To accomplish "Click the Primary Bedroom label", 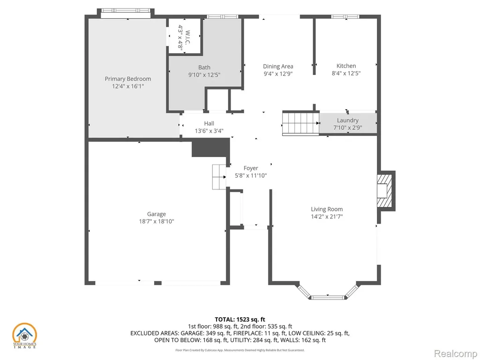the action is pyautogui.click(x=128, y=79).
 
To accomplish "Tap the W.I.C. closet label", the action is pyautogui.click(x=188, y=37).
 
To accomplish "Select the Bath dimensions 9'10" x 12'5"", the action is pyautogui.click(x=204, y=75).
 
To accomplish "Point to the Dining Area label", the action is pyautogui.click(x=278, y=66).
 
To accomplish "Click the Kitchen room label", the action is pyautogui.click(x=346, y=66).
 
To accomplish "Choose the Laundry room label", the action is pyautogui.click(x=348, y=120).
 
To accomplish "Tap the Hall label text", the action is pyautogui.click(x=209, y=123).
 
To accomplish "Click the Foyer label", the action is pyautogui.click(x=251, y=168).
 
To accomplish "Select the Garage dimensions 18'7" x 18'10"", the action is pyautogui.click(x=157, y=221).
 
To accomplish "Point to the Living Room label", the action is pyautogui.click(x=327, y=209).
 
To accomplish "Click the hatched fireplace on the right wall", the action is pyautogui.click(x=385, y=191).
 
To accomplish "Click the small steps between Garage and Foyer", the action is pyautogui.click(x=219, y=177).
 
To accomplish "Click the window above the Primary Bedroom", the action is pyautogui.click(x=126, y=10).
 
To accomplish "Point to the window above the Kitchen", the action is pyautogui.click(x=345, y=16).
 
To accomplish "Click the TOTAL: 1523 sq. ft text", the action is pyautogui.click(x=240, y=320).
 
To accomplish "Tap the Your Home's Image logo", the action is pyautogui.click(x=24, y=336).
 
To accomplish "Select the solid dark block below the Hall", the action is pyautogui.click(x=210, y=148).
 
